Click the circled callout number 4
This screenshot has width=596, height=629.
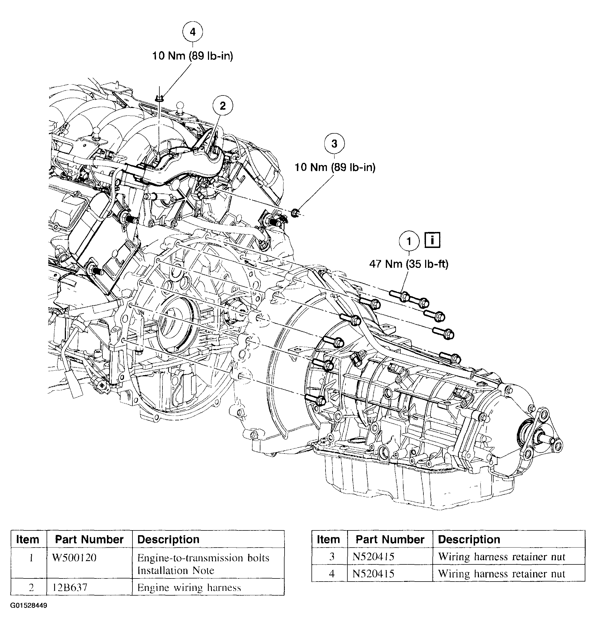pyautogui.click(x=192, y=32)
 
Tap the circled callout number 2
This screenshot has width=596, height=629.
pyautogui.click(x=223, y=106)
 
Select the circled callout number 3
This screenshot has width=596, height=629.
pyautogui.click(x=334, y=144)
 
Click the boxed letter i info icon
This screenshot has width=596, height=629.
pyautogui.click(x=432, y=240)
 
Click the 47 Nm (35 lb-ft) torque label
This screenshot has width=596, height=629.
pyautogui.click(x=409, y=264)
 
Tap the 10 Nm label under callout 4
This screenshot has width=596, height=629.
pyautogui.click(x=192, y=56)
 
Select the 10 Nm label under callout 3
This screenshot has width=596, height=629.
pyautogui.click(x=335, y=167)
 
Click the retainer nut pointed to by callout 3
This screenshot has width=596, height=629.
pyautogui.click(x=295, y=212)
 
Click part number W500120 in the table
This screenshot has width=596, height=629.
pyautogui.click(x=74, y=558)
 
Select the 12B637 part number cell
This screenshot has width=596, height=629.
pyautogui.click(x=70, y=587)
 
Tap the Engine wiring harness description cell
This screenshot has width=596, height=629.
pyautogui.click(x=189, y=587)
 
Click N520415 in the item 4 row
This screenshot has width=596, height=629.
pyautogui.click(x=373, y=574)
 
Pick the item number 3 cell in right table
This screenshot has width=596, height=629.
pyautogui.click(x=332, y=557)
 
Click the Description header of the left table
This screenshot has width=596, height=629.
pyautogui.click(x=168, y=540)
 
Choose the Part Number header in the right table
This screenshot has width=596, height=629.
pyautogui.click(x=390, y=540)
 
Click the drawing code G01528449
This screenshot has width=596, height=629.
pyautogui.click(x=29, y=605)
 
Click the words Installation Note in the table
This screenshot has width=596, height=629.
pyautogui.click(x=176, y=571)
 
